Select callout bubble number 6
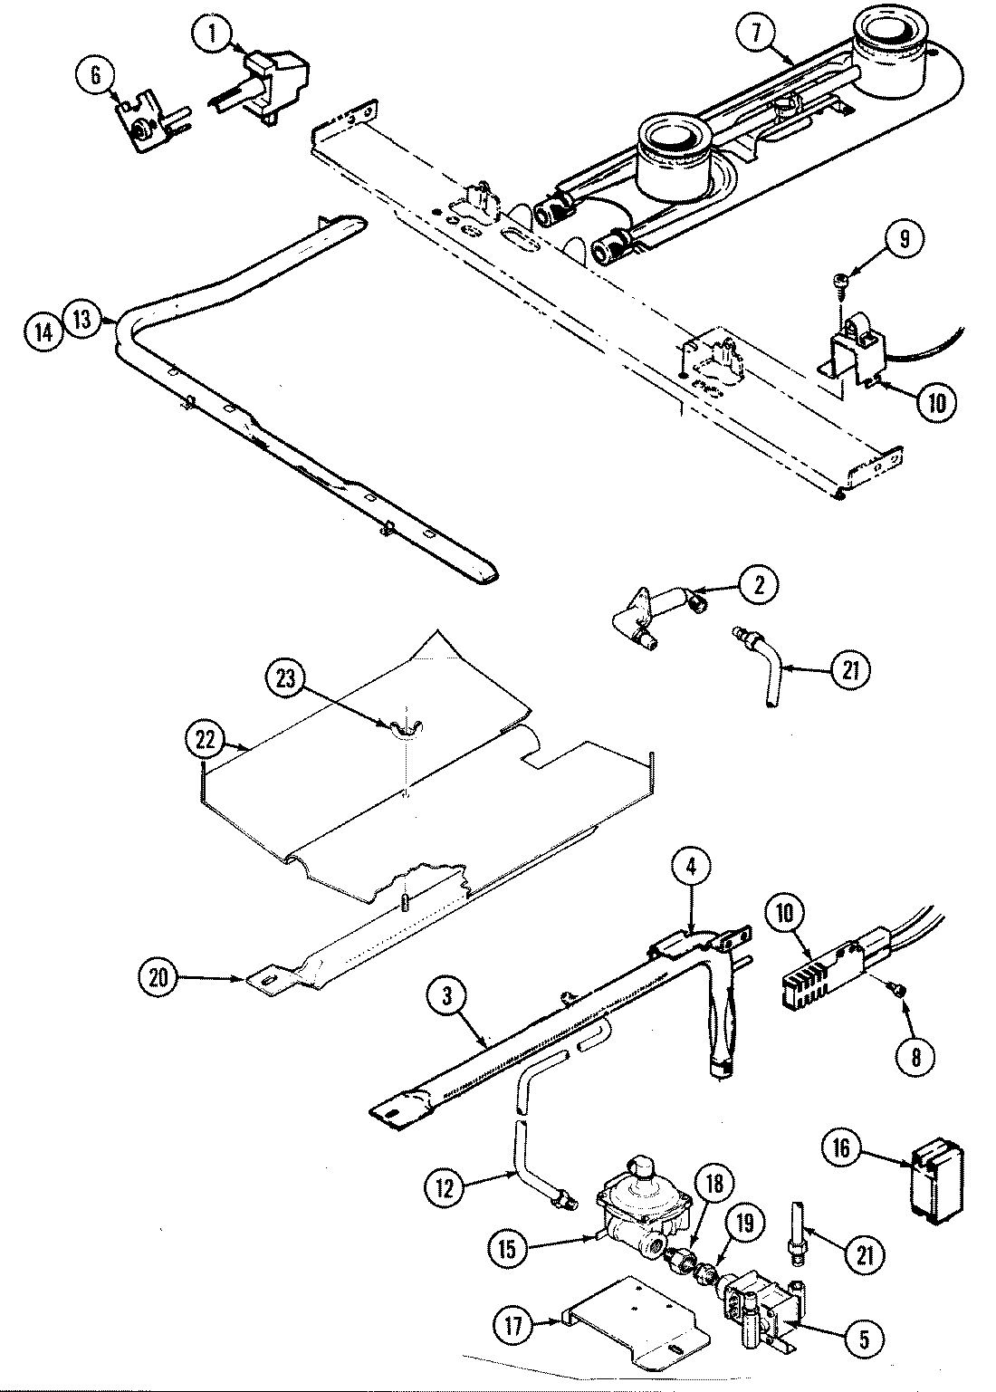pyautogui.click(x=96, y=75)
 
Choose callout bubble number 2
pyautogui.click(x=759, y=585)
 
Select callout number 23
pyautogui.click(x=286, y=680)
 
